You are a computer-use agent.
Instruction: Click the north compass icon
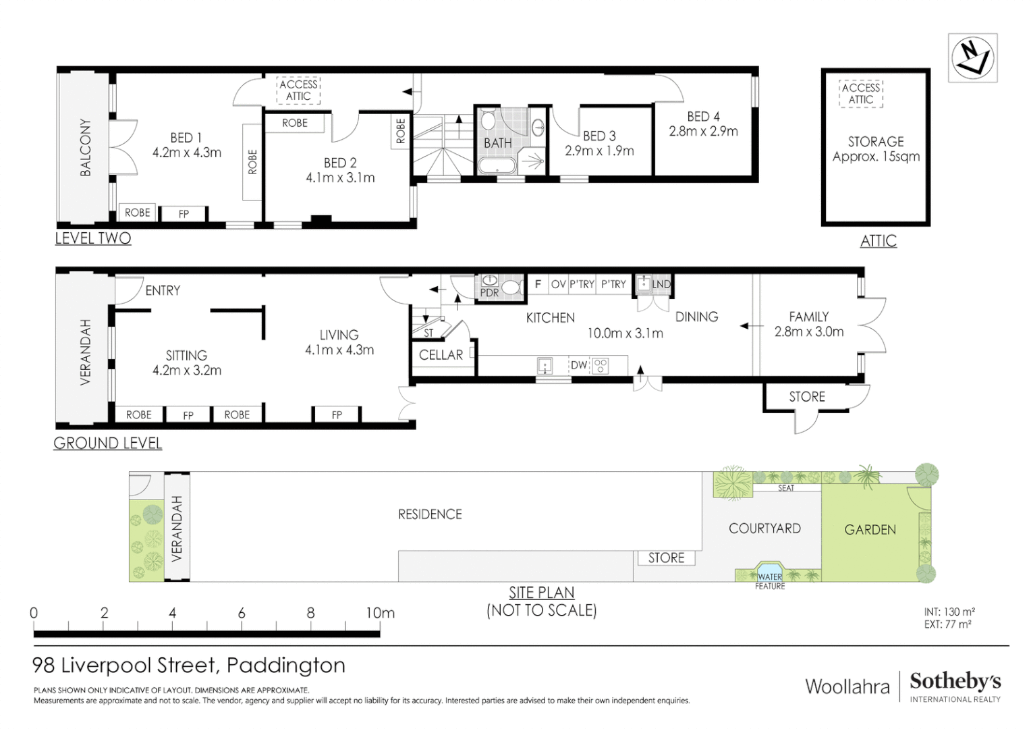coord(972,58)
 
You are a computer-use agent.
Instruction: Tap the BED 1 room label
coord(186,138)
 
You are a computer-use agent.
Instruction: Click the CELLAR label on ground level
coord(441,355)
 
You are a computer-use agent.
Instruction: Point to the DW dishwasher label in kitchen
coord(578,365)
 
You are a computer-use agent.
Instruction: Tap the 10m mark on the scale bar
coord(380,613)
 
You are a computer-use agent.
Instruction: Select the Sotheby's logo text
coord(955,681)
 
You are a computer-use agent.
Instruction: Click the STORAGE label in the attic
coord(875,142)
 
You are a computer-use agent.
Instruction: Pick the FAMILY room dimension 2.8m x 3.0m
coord(808,331)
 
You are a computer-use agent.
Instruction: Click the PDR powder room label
coord(489,293)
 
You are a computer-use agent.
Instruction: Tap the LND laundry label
coord(661,284)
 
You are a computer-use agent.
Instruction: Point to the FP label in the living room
coord(336,415)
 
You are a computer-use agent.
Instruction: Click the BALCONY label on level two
coord(86,148)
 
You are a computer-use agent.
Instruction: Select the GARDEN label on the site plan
coord(870,530)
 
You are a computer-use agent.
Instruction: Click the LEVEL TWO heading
coord(93,238)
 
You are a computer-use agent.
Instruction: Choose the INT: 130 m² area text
coord(949,612)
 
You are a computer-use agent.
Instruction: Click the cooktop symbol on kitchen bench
coord(600,366)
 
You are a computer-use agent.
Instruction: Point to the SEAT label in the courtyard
coord(786,488)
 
